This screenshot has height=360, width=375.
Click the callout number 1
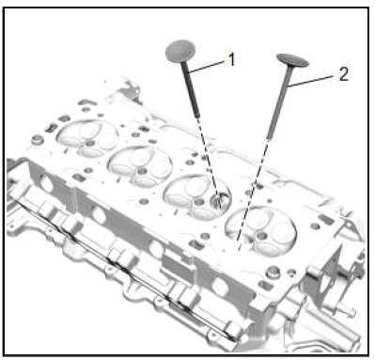pos(231,59)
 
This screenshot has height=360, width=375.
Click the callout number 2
pos(344,74)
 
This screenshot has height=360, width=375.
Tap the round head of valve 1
pos(180,50)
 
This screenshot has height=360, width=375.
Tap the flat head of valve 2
pos(292,60)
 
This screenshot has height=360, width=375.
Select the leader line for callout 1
pos(208,67)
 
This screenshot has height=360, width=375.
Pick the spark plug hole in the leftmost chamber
pos(90,144)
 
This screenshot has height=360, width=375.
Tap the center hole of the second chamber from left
pos(142,171)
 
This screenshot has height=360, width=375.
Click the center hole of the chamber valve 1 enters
pos(197,202)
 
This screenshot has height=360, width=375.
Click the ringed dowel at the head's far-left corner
pos(37,139)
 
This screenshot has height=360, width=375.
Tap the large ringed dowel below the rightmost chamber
pos(273,272)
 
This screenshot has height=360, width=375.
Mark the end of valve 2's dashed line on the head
pos(238,242)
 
